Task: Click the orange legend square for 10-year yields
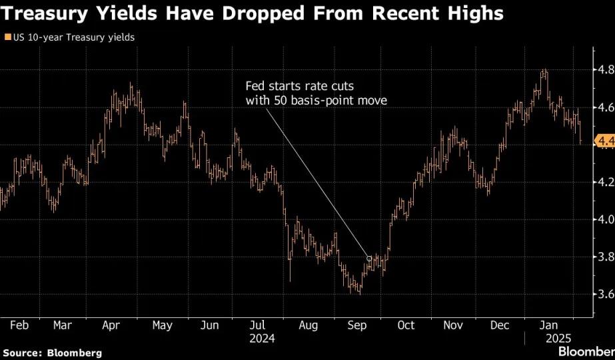tap(7, 37)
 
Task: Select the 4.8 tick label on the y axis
tap(606, 71)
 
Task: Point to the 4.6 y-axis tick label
tap(606, 107)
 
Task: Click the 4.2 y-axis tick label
tap(606, 182)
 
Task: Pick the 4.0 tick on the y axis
tap(606, 219)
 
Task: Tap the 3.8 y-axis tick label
tap(606, 257)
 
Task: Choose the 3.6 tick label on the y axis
tap(606, 294)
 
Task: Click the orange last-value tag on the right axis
tap(605, 141)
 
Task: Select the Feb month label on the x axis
tap(19, 325)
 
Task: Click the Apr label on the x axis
tap(111, 326)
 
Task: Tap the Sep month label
tap(357, 326)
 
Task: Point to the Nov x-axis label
tap(453, 325)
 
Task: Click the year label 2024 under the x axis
tap(263, 339)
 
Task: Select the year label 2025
tap(558, 339)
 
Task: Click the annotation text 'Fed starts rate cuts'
tap(300, 87)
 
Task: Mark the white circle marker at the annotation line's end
tap(368, 259)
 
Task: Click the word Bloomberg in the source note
tap(75, 353)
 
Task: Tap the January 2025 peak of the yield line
tap(544, 69)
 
